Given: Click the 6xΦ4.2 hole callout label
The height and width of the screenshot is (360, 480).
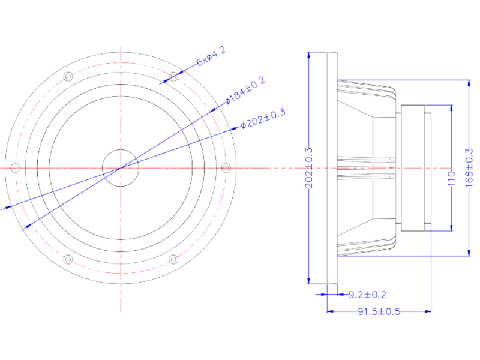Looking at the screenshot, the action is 211,56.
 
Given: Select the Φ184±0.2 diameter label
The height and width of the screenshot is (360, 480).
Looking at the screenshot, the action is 245,91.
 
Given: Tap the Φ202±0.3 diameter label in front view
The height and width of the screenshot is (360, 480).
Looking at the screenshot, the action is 263,118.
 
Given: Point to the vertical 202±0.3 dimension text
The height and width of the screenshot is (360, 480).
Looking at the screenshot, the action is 309,168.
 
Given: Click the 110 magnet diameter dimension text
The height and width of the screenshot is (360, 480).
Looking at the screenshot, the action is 452,178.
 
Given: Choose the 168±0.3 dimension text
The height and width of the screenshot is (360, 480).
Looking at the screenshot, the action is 469,167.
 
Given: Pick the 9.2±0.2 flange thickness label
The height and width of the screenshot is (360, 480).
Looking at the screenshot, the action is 367,295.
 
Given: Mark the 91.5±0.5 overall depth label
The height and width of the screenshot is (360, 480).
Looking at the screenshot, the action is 379,311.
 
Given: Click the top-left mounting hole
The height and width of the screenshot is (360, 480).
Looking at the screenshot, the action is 68,76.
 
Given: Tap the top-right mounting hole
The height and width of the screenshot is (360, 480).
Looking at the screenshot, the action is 173,76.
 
